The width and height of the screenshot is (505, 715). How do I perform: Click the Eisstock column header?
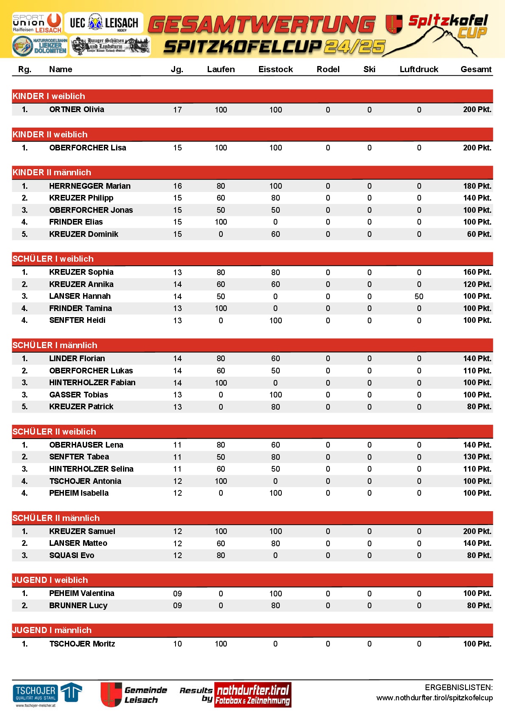point(275,69)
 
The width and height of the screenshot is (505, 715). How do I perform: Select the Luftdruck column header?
point(419,69)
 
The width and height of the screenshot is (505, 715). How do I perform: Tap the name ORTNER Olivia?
point(77,109)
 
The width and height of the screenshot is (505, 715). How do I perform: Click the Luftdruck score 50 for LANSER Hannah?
point(419,296)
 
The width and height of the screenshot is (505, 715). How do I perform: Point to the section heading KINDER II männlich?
point(52,172)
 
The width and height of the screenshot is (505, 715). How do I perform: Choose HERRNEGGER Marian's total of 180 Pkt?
point(477,186)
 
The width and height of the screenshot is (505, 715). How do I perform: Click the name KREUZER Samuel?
point(82,531)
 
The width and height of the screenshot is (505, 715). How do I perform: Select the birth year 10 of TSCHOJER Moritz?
point(178,644)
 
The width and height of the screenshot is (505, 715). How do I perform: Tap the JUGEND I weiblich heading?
point(50,580)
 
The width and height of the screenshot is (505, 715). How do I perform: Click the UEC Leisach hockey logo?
point(104,23)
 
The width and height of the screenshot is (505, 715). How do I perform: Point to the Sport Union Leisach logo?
point(37,23)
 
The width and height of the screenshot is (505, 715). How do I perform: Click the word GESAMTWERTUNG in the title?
point(261,24)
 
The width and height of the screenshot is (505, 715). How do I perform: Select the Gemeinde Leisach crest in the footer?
point(111,695)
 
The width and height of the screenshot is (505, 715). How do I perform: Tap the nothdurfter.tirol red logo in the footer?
point(253,695)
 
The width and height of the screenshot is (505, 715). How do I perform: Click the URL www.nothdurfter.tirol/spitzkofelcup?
point(435,698)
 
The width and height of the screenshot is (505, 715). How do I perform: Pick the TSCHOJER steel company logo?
point(47,694)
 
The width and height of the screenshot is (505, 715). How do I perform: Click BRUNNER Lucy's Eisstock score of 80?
point(275,605)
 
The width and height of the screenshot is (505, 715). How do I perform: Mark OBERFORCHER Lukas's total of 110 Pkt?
point(477,371)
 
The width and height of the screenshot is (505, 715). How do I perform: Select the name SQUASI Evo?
point(72,555)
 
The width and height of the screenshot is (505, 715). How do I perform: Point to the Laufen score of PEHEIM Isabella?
point(221,493)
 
